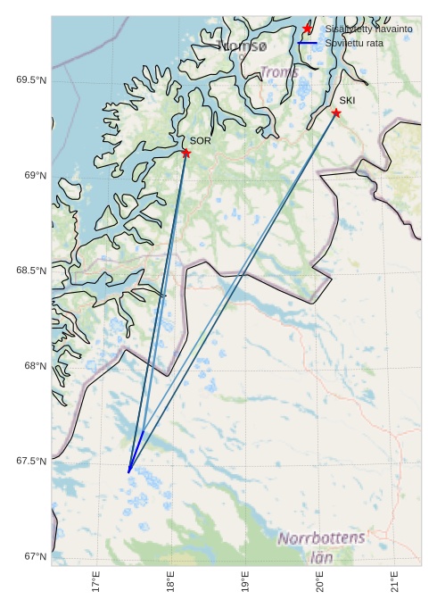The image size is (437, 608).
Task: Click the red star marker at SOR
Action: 186,153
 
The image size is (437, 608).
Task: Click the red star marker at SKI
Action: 335,112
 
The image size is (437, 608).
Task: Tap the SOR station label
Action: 200,141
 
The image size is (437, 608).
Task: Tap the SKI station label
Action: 347,101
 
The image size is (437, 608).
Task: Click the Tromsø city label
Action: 241,45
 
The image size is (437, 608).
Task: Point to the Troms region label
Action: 278,72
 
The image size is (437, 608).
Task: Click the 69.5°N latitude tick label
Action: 31,80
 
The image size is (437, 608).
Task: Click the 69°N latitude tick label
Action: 34,176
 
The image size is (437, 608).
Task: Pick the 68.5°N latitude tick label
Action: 31,271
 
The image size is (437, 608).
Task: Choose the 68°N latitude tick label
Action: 34,366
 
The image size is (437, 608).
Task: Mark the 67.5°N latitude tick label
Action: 31,462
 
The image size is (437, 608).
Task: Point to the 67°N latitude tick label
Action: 34,557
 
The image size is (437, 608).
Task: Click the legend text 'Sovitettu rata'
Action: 355,42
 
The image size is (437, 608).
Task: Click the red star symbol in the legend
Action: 308,29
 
